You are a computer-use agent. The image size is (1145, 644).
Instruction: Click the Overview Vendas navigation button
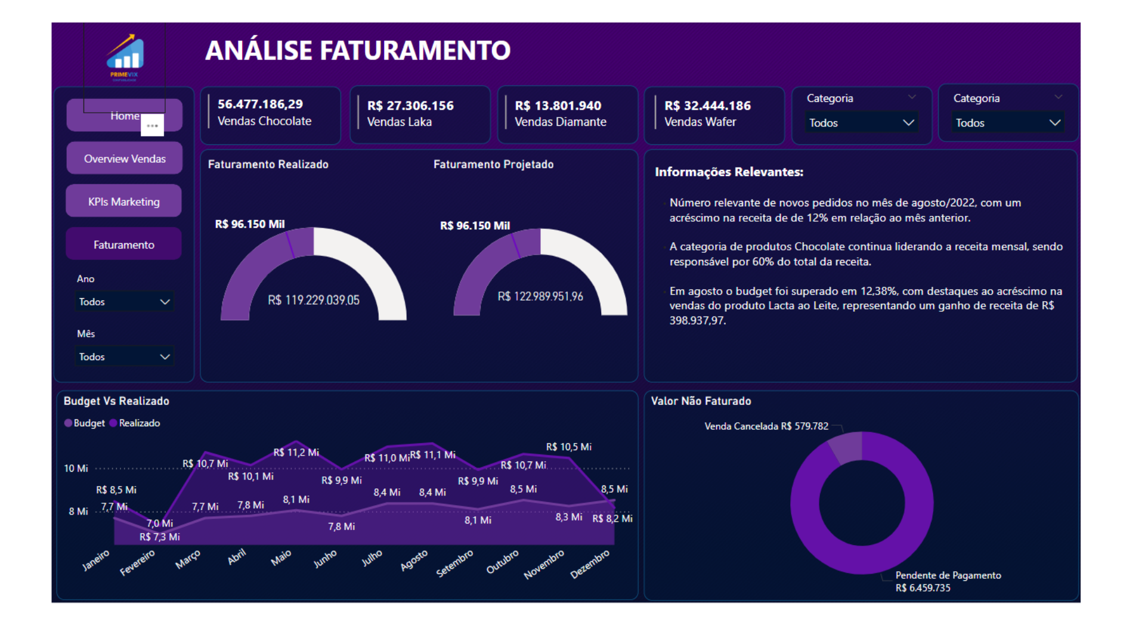pos(124,159)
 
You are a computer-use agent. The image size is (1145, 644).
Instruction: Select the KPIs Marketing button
pos(123,202)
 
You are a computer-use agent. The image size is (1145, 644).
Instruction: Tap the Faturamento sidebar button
pos(123,244)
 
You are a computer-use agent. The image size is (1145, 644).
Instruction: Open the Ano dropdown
pos(124,302)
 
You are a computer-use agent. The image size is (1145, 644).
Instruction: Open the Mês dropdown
pos(124,357)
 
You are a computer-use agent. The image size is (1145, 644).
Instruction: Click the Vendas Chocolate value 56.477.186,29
pos(260,104)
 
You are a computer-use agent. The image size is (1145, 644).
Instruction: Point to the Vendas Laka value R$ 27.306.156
pos(410,106)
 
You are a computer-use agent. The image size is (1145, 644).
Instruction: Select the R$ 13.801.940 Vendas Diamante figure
pos(558,106)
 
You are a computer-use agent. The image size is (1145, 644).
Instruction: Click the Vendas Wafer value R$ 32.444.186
pos(707,106)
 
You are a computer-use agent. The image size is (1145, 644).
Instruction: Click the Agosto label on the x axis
pos(414,560)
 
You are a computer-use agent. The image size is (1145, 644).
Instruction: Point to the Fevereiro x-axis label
pos(137,562)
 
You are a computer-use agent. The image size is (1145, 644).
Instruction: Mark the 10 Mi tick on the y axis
pos(76,468)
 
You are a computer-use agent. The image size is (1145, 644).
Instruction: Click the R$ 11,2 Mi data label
pos(296,452)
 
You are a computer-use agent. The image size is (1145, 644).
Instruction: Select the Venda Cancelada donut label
pos(766,426)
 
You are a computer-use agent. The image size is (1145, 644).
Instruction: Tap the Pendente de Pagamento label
pos(948,575)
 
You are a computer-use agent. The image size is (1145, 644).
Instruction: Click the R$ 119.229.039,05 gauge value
pos(314,300)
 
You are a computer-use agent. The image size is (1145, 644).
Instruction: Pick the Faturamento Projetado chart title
pos(493,164)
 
